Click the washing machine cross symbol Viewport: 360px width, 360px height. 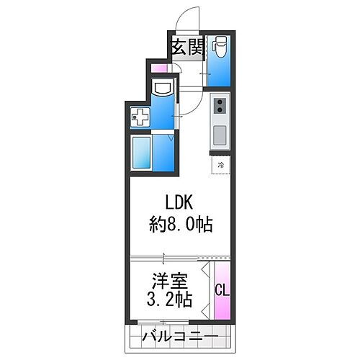click(x=140, y=115)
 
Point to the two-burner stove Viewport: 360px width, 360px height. click(x=219, y=108)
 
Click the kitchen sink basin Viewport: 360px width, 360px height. click(x=219, y=134)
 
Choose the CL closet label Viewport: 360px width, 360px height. click(x=222, y=290)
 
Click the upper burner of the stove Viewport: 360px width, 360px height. click(x=219, y=102)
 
